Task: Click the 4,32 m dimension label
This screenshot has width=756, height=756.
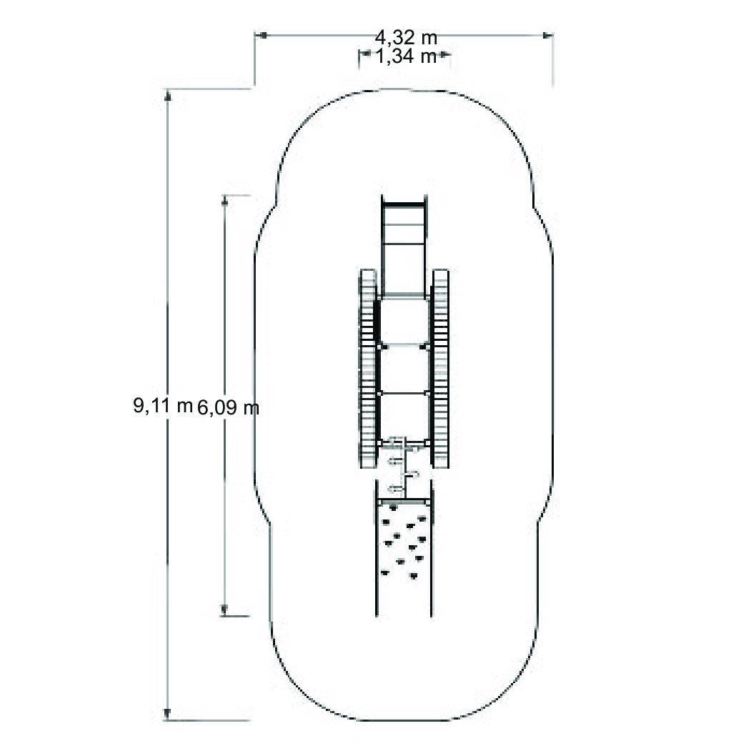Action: click(x=406, y=37)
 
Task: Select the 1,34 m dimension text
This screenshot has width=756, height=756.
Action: click(x=406, y=56)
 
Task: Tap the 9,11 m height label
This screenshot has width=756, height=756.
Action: click(x=163, y=405)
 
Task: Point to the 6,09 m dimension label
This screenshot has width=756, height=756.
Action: click(x=228, y=408)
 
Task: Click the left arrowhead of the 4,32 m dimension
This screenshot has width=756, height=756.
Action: click(x=261, y=35)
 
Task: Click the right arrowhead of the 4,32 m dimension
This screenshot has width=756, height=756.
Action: click(x=547, y=35)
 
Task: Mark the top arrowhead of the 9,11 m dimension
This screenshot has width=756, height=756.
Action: click(x=167, y=96)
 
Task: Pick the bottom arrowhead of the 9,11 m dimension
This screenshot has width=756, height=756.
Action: click(x=167, y=714)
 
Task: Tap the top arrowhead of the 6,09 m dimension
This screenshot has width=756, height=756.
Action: click(x=224, y=201)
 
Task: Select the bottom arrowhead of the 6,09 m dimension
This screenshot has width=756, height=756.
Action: click(x=224, y=610)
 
